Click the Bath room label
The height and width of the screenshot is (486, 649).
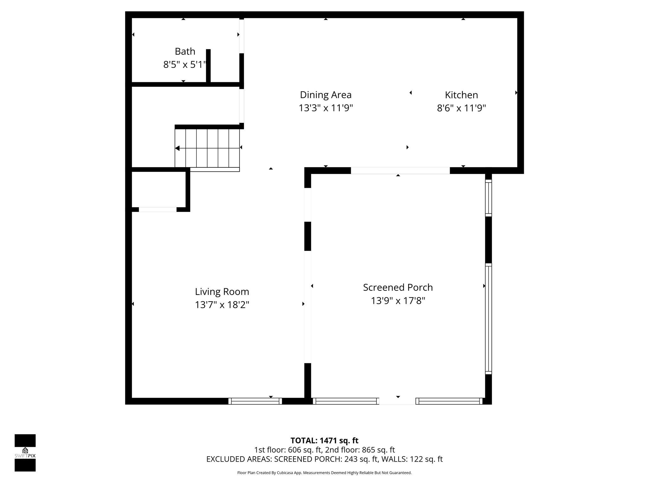tap(185, 51)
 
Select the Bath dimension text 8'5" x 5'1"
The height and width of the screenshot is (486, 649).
tap(185, 65)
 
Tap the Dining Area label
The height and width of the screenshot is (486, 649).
tap(325, 95)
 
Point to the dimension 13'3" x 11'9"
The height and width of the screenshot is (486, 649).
tap(325, 108)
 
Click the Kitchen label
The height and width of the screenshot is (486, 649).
tap(461, 95)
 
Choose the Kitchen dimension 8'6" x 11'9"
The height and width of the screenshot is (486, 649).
tap(461, 108)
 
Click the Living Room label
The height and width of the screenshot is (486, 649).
tap(222, 291)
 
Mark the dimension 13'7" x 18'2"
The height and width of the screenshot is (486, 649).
tap(222, 305)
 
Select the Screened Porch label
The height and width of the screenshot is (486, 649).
tap(398, 287)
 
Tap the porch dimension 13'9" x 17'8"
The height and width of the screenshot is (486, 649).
tap(398, 301)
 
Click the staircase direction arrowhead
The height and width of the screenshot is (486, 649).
tap(177, 148)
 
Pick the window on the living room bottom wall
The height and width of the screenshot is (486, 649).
tap(255, 401)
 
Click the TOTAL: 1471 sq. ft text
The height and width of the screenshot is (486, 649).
tap(324, 440)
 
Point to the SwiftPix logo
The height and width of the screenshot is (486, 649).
tap(25, 453)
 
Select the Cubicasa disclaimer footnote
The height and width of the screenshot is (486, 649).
tap(324, 473)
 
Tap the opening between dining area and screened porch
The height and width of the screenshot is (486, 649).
tap(400, 171)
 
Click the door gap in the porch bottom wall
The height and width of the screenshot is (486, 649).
tap(397, 401)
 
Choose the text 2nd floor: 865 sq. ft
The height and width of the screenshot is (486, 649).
tap(360, 450)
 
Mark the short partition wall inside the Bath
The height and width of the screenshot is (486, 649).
tap(208, 66)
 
